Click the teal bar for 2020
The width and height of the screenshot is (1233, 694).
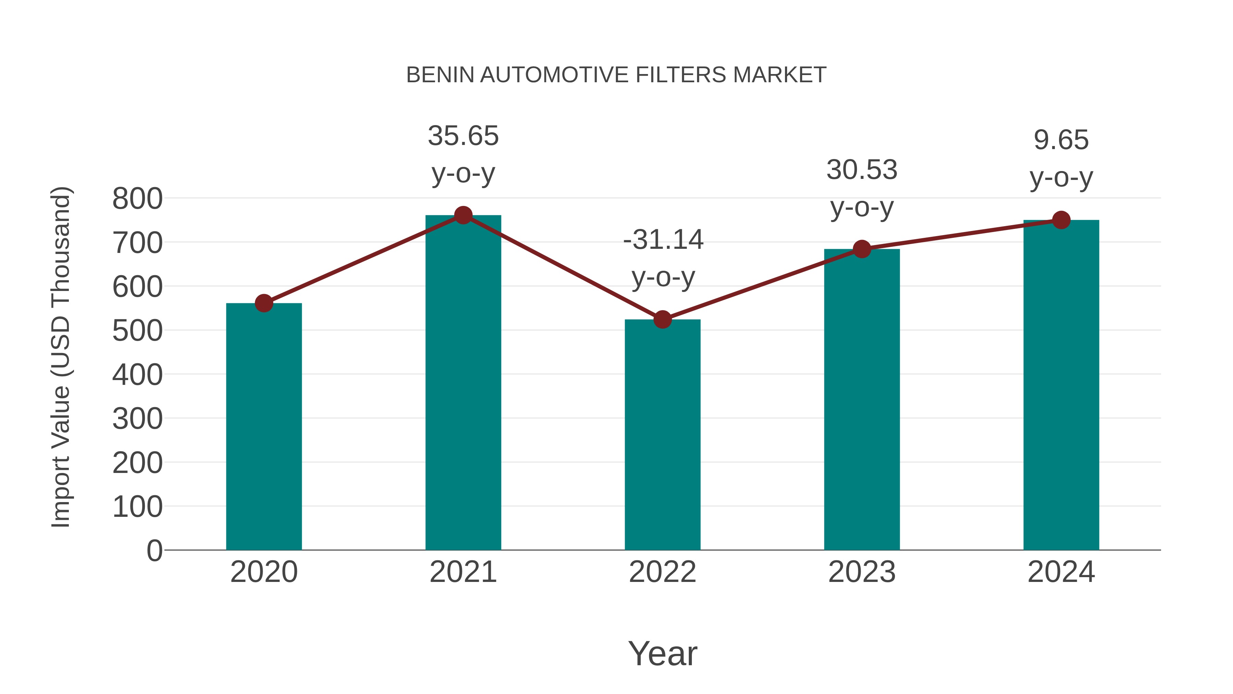[x=264, y=426]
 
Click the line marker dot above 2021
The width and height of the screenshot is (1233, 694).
[x=463, y=216]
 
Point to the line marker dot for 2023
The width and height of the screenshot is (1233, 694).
[x=862, y=249]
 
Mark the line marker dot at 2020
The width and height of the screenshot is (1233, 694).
[x=264, y=303]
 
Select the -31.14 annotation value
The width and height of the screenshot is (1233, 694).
[x=663, y=240]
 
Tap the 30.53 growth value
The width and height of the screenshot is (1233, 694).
[x=862, y=170]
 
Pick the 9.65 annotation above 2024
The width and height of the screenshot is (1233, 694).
[x=1061, y=140]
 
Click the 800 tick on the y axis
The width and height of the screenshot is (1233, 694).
[x=137, y=199]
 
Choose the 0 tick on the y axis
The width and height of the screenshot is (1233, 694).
[x=154, y=551]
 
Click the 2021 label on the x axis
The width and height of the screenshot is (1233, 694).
[x=463, y=572]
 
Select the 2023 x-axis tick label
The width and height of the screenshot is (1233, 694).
[x=862, y=572]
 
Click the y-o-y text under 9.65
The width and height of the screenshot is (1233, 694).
[x=1061, y=178]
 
